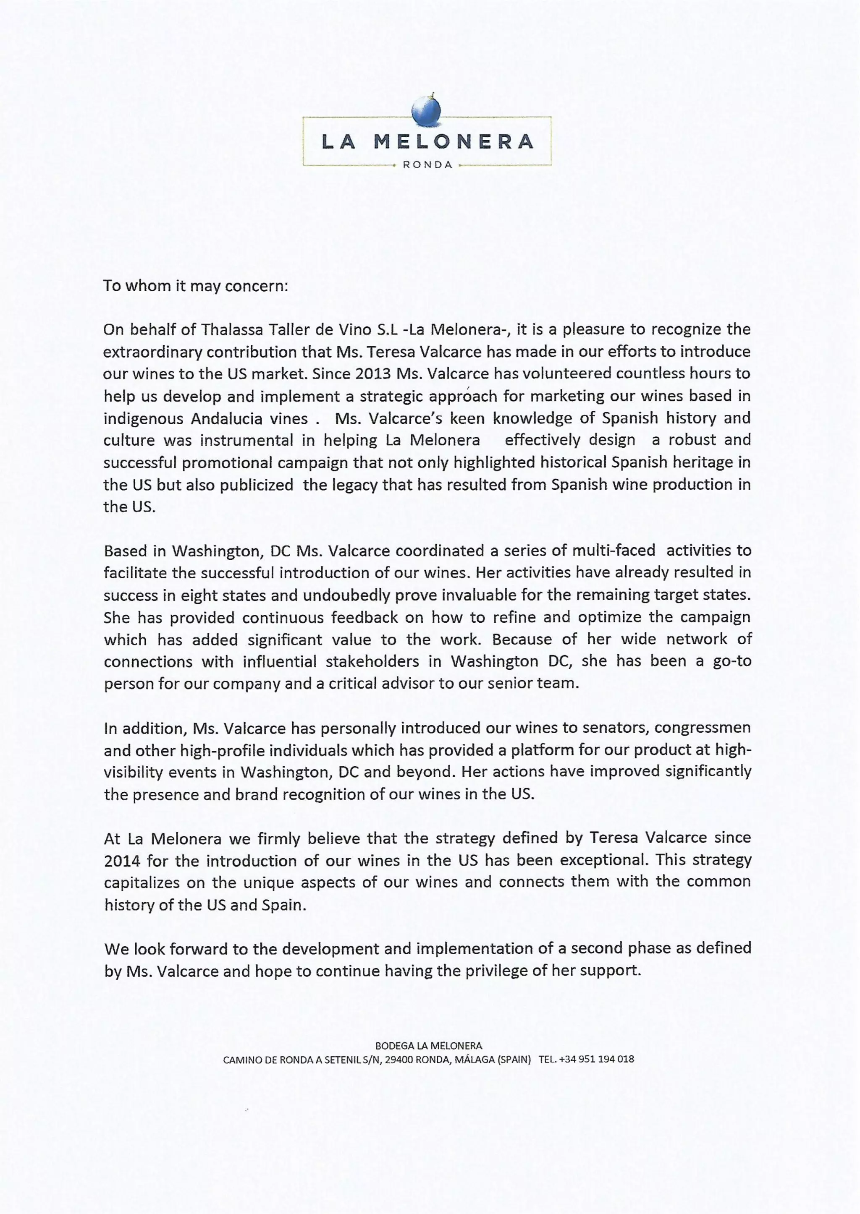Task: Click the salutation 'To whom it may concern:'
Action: [195, 286]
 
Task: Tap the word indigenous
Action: [143, 419]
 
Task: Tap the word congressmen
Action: [702, 728]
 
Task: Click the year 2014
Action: [122, 861]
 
